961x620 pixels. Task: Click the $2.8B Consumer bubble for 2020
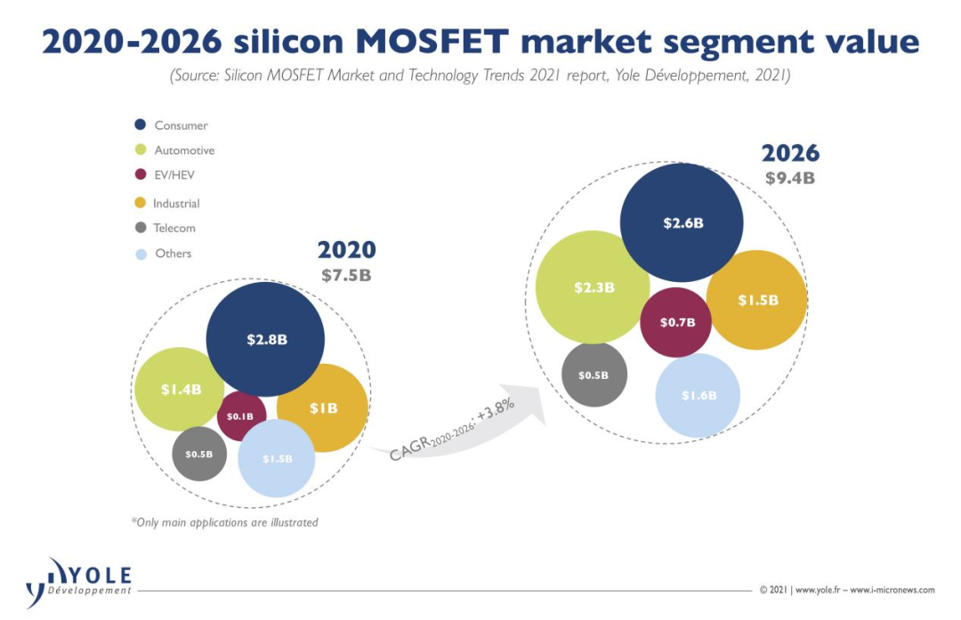[x=265, y=338]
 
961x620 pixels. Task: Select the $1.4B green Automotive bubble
[x=180, y=389]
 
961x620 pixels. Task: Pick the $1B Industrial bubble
[x=324, y=408]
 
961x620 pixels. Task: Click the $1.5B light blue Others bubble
[x=277, y=458]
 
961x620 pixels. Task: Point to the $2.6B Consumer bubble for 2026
[x=682, y=222]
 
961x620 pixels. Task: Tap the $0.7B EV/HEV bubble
[x=676, y=322]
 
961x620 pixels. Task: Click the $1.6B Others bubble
[x=699, y=396]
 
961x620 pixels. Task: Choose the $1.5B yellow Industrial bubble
[x=757, y=300]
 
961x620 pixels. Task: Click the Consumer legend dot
[x=141, y=125]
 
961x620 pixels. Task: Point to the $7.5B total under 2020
[x=346, y=275]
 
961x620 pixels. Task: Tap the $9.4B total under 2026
[x=789, y=177]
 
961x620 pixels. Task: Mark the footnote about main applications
[x=224, y=522]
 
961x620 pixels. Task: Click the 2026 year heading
[x=790, y=152]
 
